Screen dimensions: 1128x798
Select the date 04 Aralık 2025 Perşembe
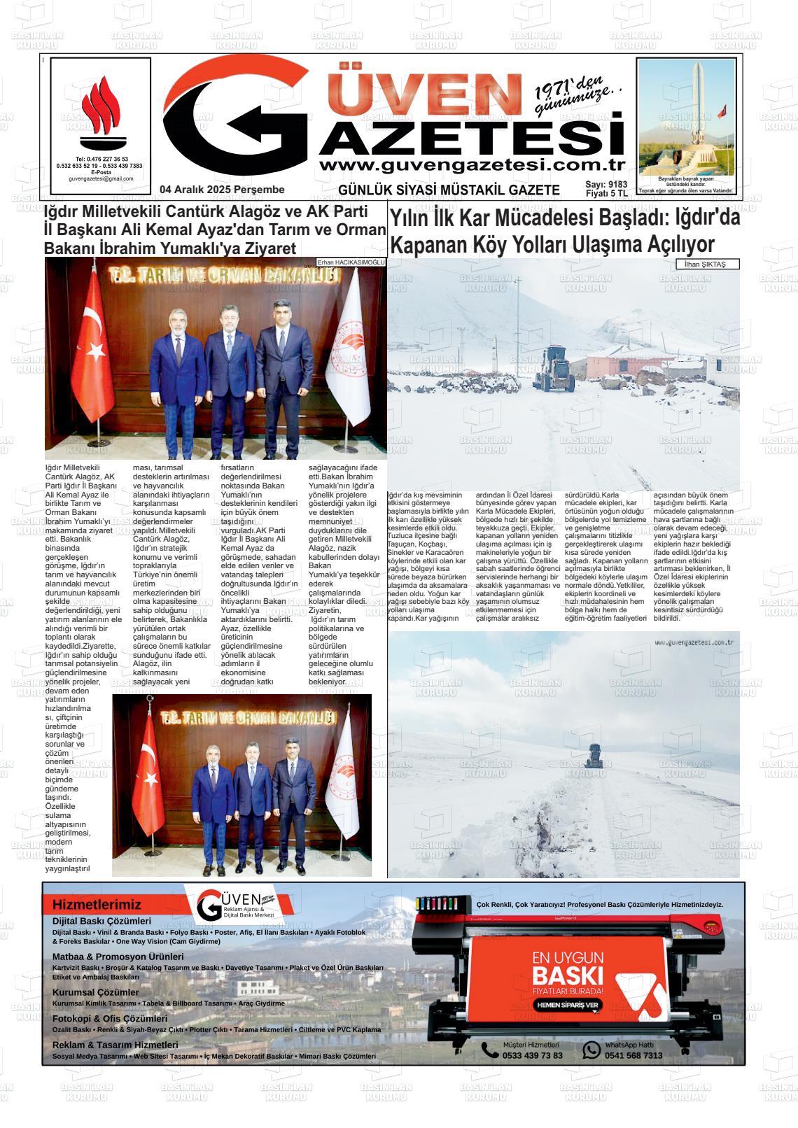222,190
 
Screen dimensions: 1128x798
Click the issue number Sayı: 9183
606,185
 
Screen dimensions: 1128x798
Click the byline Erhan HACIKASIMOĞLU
351,262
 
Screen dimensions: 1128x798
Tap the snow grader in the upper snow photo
554,369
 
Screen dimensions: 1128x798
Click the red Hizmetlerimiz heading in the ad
97,905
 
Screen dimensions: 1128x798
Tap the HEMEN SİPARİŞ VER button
567,1004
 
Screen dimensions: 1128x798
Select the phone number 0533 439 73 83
532,1055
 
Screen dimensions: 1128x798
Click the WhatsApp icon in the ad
592,1050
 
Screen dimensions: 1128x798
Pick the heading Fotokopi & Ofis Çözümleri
110,1019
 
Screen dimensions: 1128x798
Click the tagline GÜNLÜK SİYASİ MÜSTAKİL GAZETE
449,190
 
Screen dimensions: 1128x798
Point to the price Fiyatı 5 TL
606,194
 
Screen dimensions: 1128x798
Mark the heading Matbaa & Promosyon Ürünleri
118,957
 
